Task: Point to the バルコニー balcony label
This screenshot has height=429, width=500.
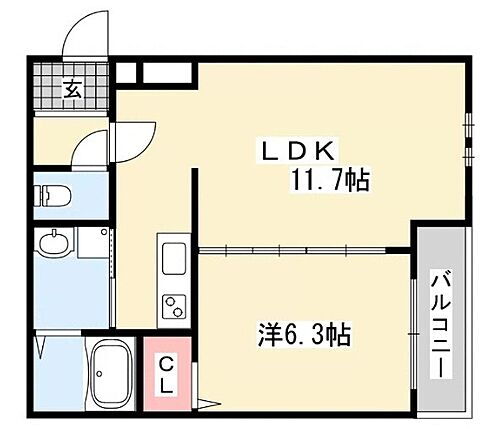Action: [440, 324]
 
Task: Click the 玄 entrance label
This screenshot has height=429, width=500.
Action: [74, 87]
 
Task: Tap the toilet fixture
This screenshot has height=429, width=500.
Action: [47, 194]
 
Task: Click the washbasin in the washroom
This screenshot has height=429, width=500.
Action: [53, 243]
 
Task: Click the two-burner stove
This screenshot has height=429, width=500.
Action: [173, 305]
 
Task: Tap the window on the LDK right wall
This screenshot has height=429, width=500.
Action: [468, 140]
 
